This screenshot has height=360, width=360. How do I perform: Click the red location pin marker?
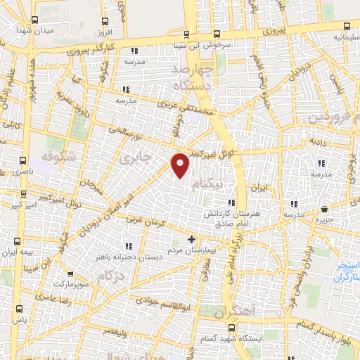pos(181,165)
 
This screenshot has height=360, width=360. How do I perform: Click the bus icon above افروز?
pos(105,22)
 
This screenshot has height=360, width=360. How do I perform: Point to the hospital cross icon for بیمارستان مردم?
pos(191,239)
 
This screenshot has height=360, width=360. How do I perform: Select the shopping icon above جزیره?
pos(324,210)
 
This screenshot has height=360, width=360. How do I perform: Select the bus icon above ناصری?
pos(23,160)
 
